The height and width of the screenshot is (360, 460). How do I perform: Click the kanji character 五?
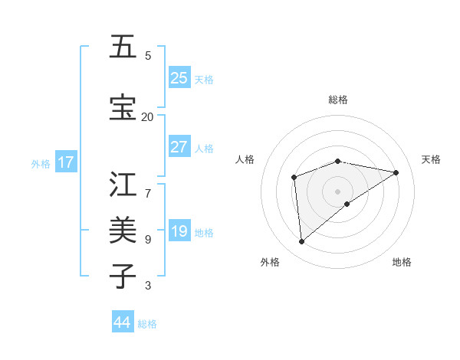click(x=123, y=47)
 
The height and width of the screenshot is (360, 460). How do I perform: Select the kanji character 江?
click(x=123, y=185)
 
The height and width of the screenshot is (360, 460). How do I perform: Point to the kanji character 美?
click(x=123, y=230)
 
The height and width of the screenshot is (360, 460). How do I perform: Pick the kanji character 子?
click(x=123, y=276)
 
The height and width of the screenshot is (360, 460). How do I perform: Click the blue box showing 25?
click(x=179, y=78)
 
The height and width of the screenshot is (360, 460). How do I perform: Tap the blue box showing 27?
click(x=179, y=147)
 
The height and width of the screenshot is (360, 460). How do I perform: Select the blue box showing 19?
click(x=179, y=231)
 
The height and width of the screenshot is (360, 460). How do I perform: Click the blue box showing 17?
click(x=66, y=162)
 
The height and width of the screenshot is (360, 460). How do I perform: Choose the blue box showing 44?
click(x=123, y=322)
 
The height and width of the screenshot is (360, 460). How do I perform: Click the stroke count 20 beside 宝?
click(x=147, y=116)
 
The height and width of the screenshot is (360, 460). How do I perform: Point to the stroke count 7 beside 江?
click(x=147, y=185)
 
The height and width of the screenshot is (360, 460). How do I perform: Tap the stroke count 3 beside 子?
click(x=147, y=286)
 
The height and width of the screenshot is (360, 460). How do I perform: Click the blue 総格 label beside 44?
click(x=147, y=324)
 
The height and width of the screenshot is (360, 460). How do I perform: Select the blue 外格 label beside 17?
click(x=41, y=164)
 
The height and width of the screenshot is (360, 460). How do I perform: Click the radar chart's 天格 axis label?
click(x=431, y=159)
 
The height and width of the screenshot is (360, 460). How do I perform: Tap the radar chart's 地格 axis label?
click(x=402, y=262)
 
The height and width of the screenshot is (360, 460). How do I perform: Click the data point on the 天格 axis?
click(x=396, y=172)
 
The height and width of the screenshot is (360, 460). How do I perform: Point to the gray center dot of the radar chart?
click(x=337, y=191)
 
